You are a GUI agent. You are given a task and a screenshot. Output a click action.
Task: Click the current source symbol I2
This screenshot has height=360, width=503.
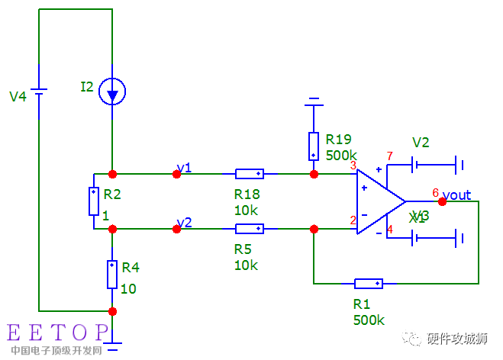pyautogui.click(x=112, y=92)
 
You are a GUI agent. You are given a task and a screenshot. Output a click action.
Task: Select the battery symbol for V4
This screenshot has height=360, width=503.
pyautogui.click(x=38, y=95)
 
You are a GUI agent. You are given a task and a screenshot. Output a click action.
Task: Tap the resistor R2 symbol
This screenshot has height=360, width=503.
pyautogui.click(x=93, y=201)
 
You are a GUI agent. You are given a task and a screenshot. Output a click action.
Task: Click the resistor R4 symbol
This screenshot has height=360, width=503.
pyautogui.click(x=112, y=274)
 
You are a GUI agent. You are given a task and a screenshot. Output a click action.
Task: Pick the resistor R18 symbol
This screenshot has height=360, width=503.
pyautogui.click(x=250, y=174)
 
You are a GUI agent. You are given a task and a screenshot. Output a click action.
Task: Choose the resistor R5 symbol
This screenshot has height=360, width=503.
pyautogui.click(x=250, y=229)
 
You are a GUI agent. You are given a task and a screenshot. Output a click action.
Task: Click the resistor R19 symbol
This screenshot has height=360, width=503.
pyautogui.click(x=314, y=145)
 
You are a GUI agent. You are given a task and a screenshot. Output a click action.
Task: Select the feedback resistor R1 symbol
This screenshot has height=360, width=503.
pyautogui.click(x=368, y=284)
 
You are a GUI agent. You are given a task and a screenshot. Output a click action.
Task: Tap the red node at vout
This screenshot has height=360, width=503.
pyautogui.click(x=442, y=201)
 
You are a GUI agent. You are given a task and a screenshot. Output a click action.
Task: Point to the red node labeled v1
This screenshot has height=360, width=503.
pyautogui.click(x=177, y=174)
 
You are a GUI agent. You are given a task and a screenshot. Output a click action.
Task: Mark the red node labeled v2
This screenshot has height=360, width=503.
pyautogui.click(x=177, y=229)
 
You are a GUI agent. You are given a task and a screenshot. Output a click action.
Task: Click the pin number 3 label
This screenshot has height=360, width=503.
pyautogui.click(x=353, y=166)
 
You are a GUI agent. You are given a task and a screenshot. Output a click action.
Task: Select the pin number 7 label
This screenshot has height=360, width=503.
pyautogui.click(x=390, y=156)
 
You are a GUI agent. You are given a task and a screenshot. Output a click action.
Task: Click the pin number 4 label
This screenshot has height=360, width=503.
pyautogui.click(x=390, y=230)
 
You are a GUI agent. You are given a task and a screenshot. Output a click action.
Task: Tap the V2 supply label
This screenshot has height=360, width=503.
pyautogui.click(x=421, y=143)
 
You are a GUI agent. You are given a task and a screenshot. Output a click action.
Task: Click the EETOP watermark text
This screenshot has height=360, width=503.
pyautogui.click(x=58, y=333)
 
